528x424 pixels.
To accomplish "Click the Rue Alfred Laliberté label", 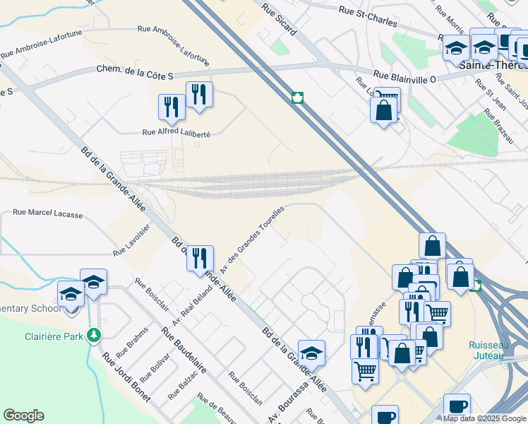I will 176,132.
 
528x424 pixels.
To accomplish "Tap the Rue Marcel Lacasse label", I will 48,213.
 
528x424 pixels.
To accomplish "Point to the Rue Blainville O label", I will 404,78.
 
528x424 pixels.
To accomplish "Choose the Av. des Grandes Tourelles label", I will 252,240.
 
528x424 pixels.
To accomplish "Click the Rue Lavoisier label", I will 132,241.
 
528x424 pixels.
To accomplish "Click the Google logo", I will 23,416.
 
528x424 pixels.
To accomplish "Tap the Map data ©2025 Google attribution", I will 484,418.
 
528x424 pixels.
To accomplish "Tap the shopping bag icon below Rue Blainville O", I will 383,110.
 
